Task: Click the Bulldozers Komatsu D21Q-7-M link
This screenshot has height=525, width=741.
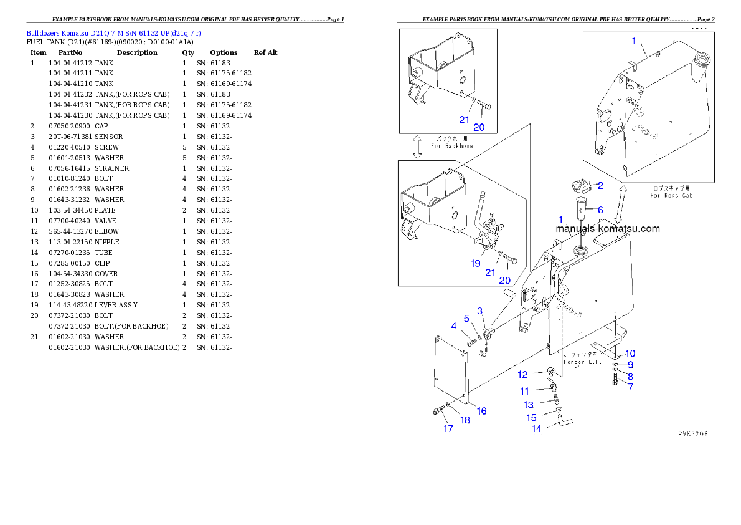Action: coord(113,33)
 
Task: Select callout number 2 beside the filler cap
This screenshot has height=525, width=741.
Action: coord(600,185)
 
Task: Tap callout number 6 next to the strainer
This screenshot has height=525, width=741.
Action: coord(600,210)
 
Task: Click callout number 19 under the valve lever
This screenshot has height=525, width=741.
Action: coord(475,264)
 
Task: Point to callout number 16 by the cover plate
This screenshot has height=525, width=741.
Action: coord(482,411)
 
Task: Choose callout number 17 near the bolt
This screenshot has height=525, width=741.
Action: coord(448,428)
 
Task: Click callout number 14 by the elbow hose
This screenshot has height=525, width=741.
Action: coord(536,428)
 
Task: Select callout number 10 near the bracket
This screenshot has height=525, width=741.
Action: coord(630,354)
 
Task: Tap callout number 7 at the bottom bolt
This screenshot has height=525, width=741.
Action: coord(630,387)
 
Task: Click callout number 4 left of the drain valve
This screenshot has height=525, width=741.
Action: coord(454,326)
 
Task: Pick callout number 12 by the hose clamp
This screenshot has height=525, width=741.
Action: coord(522,375)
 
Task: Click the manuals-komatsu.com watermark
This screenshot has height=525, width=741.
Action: coord(608,229)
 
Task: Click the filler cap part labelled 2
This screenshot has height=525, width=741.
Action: coord(578,186)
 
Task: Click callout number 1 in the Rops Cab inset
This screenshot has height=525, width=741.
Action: coord(634,41)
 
